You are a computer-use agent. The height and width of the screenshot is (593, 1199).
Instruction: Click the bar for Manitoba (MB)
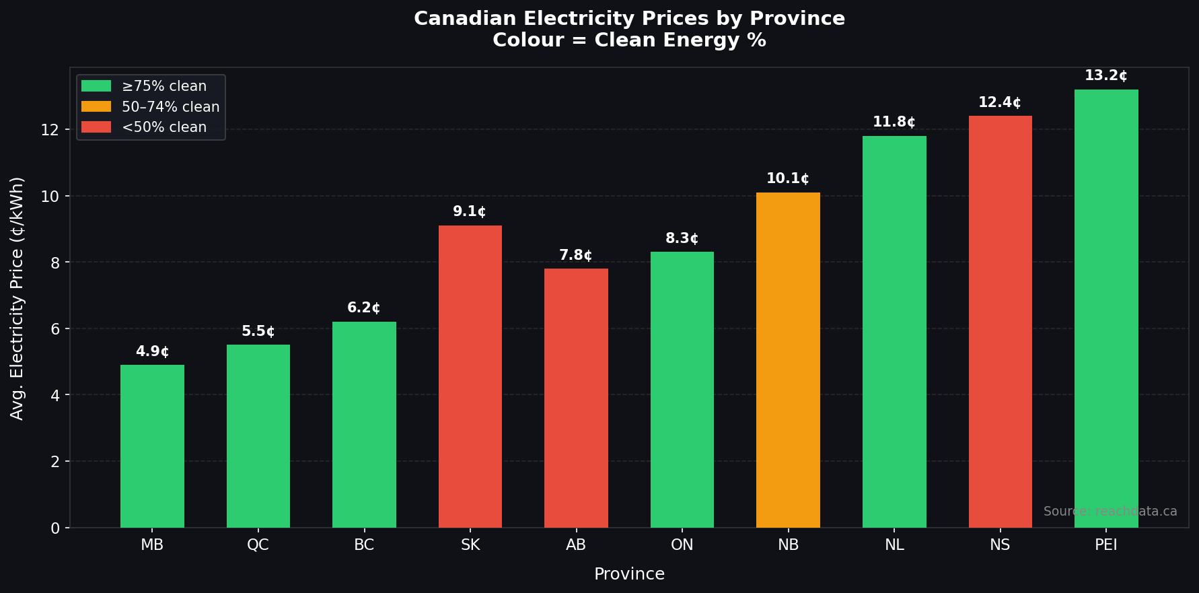coord(152,446)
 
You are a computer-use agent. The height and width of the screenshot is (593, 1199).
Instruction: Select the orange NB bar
coord(788,360)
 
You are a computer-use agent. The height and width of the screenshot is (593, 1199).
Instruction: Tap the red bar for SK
coord(470,376)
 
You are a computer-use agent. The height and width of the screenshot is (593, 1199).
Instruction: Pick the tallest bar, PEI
coord(1106,308)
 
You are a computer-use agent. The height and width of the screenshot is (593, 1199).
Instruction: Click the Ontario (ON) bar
coord(682,390)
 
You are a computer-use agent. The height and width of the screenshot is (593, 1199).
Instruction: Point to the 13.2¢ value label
coord(1105,75)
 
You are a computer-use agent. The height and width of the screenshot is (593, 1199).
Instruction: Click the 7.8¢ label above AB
coord(576,255)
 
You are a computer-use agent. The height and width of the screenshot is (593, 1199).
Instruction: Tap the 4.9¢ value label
coord(152,351)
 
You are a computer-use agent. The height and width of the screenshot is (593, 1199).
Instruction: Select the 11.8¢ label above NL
coord(894,122)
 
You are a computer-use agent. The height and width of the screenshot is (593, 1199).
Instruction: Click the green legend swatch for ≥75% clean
coord(96,86)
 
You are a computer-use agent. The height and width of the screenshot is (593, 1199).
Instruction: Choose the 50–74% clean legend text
coord(170,107)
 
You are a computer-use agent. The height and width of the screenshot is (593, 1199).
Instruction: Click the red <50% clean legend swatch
coord(96,127)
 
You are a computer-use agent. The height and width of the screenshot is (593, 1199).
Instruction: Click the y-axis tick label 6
coord(55,329)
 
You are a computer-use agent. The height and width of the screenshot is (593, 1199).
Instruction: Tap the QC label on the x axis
coord(258,545)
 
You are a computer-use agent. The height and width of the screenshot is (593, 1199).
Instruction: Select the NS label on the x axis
coord(1000,545)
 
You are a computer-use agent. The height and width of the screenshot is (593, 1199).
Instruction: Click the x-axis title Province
coord(629,574)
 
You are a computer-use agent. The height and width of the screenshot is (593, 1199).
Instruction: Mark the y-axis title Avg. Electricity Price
coord(17,298)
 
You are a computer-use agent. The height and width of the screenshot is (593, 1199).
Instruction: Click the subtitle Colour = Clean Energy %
coord(629,40)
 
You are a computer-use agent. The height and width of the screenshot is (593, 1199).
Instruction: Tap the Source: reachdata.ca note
coord(1110,512)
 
